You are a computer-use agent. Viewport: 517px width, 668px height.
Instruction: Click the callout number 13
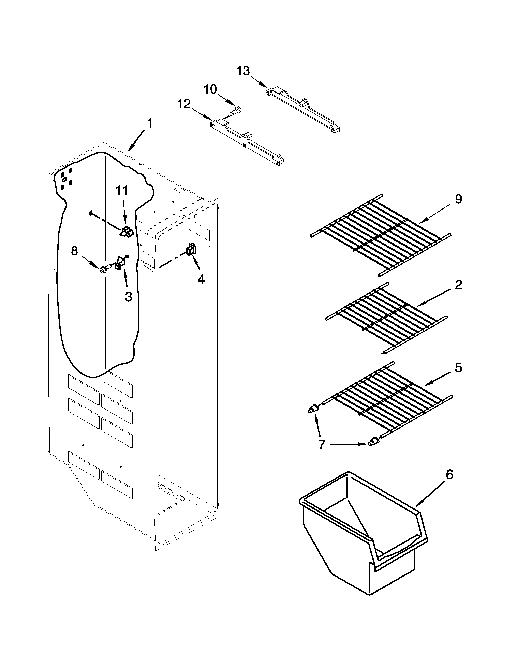[x=243, y=71]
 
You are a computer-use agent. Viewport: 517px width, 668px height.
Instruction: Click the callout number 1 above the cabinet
[x=149, y=123]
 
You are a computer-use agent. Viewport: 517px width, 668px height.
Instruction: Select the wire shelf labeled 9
[x=380, y=235]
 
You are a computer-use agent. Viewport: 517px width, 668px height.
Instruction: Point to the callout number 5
[x=458, y=368]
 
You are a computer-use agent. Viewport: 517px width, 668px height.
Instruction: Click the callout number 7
[x=321, y=444]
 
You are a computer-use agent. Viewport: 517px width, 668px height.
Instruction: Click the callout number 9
[x=458, y=199]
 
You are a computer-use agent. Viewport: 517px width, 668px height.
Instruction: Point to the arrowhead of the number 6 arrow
[x=418, y=504]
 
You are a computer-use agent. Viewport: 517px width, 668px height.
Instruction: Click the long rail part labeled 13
[x=303, y=108]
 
